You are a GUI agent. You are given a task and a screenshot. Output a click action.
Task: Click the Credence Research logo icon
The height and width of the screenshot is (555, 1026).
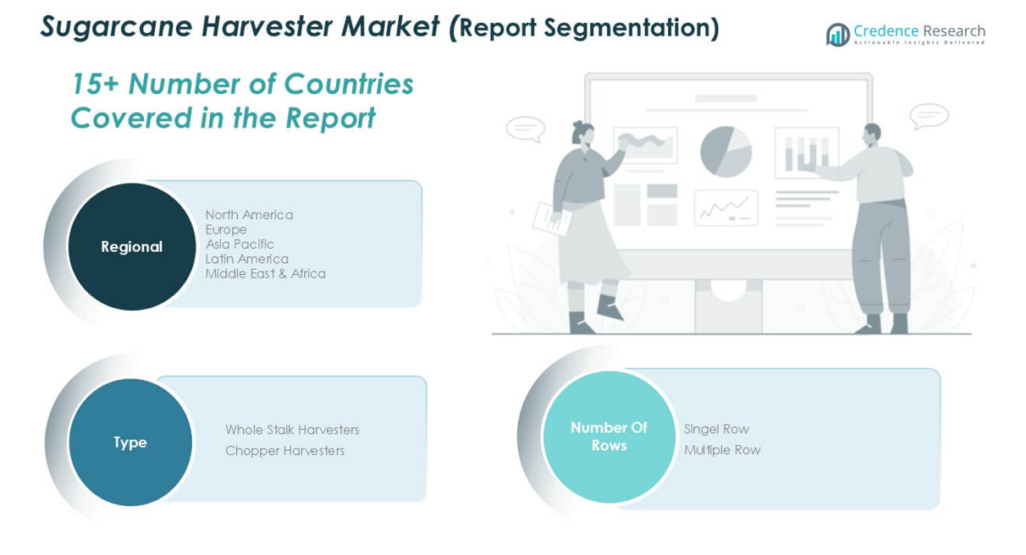pyautogui.click(x=838, y=35)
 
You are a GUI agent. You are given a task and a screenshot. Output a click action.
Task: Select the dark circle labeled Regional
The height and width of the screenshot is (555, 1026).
pyautogui.click(x=132, y=246)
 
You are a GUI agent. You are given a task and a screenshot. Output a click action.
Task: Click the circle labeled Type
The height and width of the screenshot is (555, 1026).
pyautogui.click(x=130, y=442)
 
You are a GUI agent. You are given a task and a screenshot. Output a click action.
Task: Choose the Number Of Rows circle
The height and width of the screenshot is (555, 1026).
pyautogui.click(x=609, y=437)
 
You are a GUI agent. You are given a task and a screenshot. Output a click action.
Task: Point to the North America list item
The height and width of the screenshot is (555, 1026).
pyautogui.click(x=249, y=215)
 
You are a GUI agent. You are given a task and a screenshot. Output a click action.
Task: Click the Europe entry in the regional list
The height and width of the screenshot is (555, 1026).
pyautogui.click(x=226, y=229)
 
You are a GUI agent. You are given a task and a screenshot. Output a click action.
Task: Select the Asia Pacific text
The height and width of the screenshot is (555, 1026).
pyautogui.click(x=240, y=244)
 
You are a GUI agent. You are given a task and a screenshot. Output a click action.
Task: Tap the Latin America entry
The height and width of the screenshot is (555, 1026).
pyautogui.click(x=247, y=259)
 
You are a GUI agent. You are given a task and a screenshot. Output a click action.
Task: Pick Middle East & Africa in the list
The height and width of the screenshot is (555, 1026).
pyautogui.click(x=266, y=273)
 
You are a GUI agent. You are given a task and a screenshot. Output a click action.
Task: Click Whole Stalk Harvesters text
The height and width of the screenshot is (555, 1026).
pyautogui.click(x=292, y=430)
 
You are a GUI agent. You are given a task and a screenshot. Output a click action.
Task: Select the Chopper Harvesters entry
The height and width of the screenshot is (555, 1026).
pyautogui.click(x=285, y=451)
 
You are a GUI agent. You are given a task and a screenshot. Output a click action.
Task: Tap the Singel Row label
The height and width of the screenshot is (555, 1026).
pyautogui.click(x=716, y=429)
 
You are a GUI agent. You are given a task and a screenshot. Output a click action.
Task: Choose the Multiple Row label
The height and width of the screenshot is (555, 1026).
pyautogui.click(x=722, y=450)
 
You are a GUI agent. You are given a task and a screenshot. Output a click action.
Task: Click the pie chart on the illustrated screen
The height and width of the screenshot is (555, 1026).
pyautogui.click(x=726, y=151)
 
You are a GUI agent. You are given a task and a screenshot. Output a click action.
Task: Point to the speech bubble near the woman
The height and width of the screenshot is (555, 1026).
pyautogui.click(x=526, y=129)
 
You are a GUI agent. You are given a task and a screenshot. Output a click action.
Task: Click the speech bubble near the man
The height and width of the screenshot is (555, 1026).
pyautogui.click(x=929, y=116)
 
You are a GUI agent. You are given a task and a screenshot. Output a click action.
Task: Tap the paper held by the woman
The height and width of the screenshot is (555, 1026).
pyautogui.click(x=552, y=219)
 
